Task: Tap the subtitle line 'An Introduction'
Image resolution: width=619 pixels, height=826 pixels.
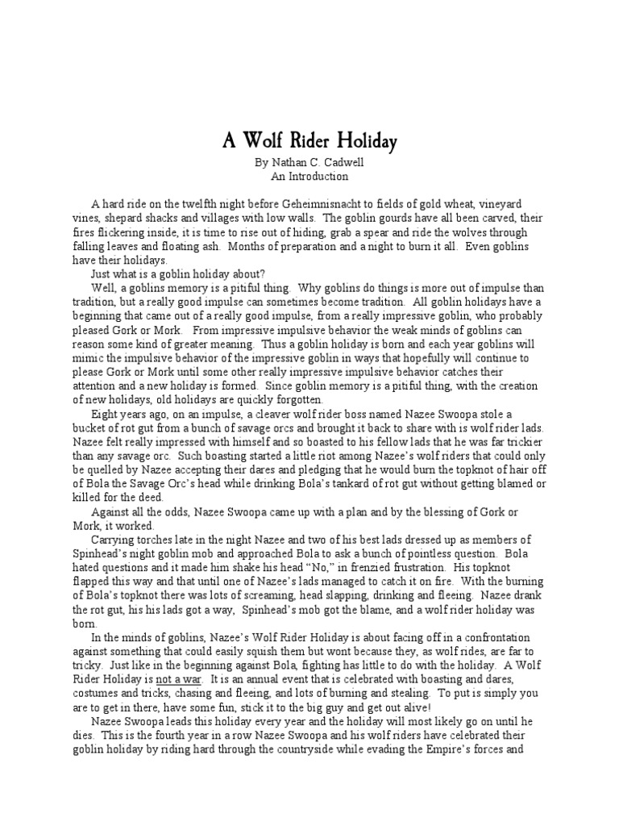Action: coord(309,176)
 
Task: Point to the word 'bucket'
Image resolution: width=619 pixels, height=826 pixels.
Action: coord(88,428)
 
